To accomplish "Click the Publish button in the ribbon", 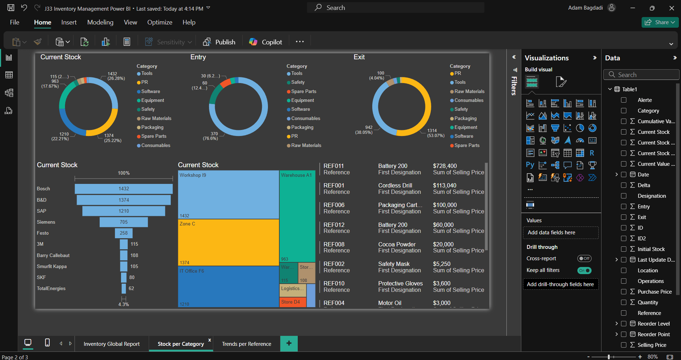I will (x=219, y=42).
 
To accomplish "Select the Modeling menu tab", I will (x=100, y=22).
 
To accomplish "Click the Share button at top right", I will (x=660, y=22).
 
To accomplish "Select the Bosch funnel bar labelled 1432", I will (x=123, y=189).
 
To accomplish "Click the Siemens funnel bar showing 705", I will (x=123, y=222).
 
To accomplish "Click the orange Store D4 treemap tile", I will (x=292, y=302).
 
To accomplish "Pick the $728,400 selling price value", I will (x=445, y=166).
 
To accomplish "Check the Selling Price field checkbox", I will (x=624, y=345).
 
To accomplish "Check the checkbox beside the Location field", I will (x=624, y=270).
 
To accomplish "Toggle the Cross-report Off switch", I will (x=584, y=258).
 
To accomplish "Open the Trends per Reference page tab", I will (x=246, y=344).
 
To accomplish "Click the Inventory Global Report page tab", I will (x=111, y=344).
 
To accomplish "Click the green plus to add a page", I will (x=289, y=343).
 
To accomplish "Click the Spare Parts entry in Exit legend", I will (x=466, y=146).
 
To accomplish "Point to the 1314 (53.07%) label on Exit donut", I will (x=435, y=133).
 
